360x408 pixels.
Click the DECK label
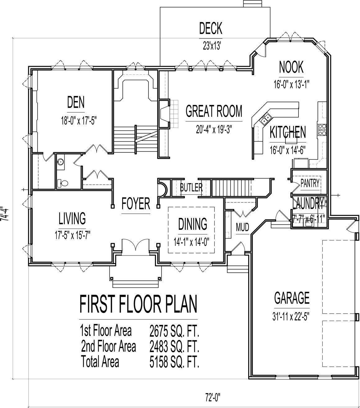click(211, 29)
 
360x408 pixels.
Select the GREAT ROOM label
click(214, 111)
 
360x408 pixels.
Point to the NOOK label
click(291, 67)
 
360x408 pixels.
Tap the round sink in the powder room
click(60, 162)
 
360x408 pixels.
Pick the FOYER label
click(136, 204)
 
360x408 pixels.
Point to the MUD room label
click(242, 228)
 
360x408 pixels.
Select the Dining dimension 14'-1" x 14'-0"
click(193, 241)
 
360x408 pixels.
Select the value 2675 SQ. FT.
click(174, 332)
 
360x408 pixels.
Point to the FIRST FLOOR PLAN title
click(138, 304)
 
